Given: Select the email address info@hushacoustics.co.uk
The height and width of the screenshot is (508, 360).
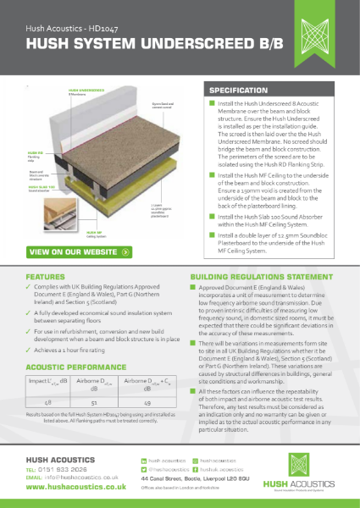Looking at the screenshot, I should point(72,478).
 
